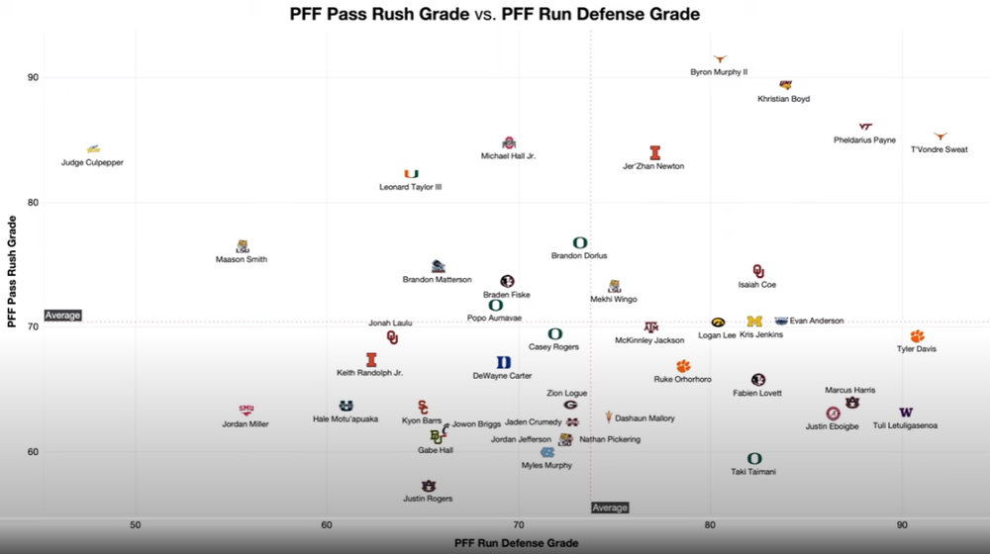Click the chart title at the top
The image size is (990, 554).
(494, 15)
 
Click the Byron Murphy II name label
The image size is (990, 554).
(719, 72)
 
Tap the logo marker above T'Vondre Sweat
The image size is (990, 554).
(940, 137)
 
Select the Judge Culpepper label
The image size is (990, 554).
(92, 162)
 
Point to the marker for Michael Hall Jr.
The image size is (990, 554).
(510, 143)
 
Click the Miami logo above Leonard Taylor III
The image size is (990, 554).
(411, 174)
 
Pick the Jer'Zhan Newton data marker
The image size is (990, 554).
(654, 152)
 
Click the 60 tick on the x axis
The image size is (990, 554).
(327, 524)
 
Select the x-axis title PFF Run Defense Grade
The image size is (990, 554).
(516, 543)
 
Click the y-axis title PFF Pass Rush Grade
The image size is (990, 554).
(12, 271)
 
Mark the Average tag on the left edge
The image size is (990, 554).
(62, 316)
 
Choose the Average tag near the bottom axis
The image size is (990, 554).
(610, 508)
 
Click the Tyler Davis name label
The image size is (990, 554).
(916, 348)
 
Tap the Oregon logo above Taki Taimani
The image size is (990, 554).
(754, 458)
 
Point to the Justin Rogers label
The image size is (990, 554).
(428, 499)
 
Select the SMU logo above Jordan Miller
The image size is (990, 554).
(246, 410)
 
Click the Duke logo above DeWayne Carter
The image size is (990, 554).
(504, 363)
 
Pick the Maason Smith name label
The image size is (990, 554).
(242, 259)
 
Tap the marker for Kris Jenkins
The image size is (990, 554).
(754, 322)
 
